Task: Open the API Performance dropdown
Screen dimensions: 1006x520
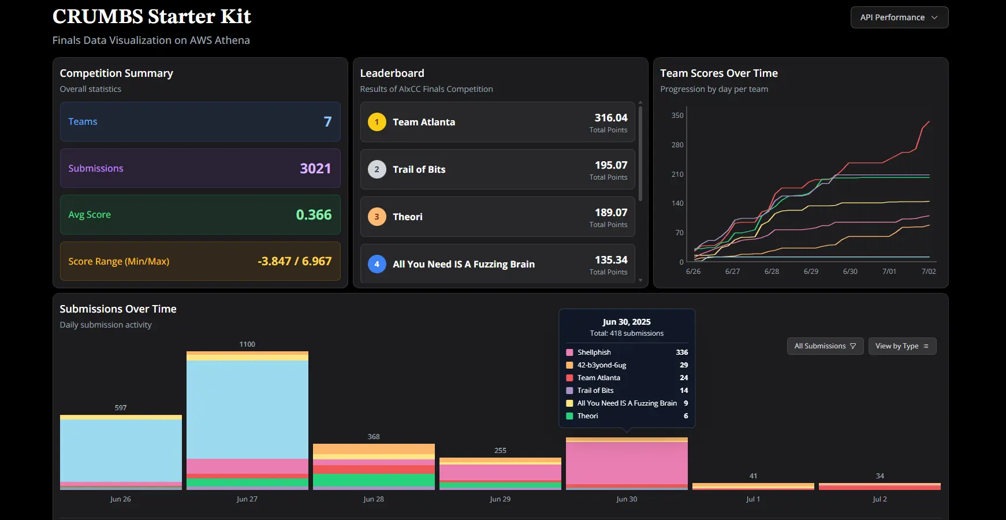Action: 899,17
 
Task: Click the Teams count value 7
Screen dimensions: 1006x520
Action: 327,122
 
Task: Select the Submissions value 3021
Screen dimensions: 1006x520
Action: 315,168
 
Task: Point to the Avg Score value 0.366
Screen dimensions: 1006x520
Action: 314,215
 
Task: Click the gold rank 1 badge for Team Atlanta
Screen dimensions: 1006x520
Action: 377,122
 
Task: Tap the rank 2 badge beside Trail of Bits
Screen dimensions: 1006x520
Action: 377,169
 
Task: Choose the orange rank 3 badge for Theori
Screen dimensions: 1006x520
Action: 377,217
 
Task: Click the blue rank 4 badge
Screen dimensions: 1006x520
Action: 377,264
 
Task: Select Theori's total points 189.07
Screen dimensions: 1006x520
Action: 611,213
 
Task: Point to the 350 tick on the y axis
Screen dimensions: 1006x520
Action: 677,116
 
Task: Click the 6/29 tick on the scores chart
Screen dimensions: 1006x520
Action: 811,272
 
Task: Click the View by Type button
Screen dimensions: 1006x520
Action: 902,346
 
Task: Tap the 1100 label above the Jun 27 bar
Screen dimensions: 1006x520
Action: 247,344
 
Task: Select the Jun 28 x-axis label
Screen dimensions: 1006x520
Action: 374,499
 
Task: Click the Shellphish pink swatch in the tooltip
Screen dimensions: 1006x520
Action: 569,352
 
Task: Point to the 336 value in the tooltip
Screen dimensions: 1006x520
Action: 682,352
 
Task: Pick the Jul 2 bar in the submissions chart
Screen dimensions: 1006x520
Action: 880,486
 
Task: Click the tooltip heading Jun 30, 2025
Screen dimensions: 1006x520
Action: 627,322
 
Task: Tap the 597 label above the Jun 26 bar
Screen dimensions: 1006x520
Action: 121,408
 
